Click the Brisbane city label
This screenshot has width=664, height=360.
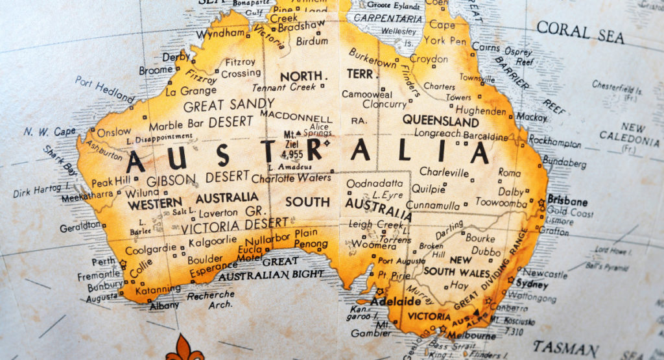[567, 200]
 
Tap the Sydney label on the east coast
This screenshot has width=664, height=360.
[532, 285]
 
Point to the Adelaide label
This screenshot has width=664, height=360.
[395, 302]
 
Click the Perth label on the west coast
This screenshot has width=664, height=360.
[104, 262]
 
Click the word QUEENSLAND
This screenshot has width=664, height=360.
[440, 121]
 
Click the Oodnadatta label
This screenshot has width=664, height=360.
[374, 184]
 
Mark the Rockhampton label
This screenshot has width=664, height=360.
[554, 140]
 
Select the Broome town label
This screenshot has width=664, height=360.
[156, 70]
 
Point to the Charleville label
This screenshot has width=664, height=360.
[444, 173]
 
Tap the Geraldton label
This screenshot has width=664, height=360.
[80, 228]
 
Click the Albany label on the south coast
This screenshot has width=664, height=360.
[164, 306]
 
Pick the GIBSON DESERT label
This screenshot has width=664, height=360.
[198, 177]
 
